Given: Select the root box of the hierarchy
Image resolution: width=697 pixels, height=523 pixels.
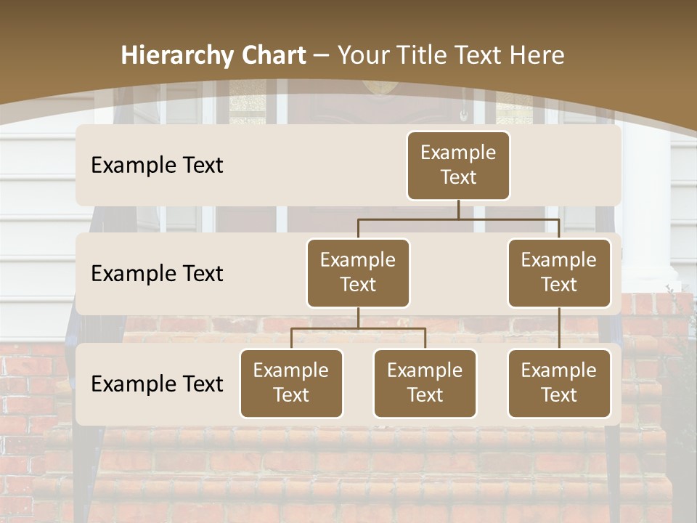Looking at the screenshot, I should click(x=458, y=166).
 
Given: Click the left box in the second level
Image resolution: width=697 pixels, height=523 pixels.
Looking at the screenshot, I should click(x=358, y=273).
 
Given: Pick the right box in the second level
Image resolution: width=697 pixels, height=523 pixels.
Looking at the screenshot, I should click(x=559, y=273).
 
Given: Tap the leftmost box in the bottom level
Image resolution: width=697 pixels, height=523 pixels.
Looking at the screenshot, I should click(x=291, y=384).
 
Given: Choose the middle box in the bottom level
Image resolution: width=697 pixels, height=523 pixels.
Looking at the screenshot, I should click(x=425, y=384).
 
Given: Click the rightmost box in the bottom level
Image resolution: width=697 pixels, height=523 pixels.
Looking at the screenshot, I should click(x=559, y=384).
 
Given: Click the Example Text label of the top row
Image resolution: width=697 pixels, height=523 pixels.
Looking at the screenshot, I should click(x=157, y=166).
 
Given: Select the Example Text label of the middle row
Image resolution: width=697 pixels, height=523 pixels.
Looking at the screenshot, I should click(x=157, y=274).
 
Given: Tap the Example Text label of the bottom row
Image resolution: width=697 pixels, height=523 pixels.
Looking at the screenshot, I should click(x=157, y=384).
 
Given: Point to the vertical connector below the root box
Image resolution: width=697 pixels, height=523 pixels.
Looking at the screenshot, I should click(x=458, y=209).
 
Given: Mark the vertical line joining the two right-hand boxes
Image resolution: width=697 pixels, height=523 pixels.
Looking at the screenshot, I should click(x=559, y=328).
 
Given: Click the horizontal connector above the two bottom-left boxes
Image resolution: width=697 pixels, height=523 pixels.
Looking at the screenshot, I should click(x=358, y=328).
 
